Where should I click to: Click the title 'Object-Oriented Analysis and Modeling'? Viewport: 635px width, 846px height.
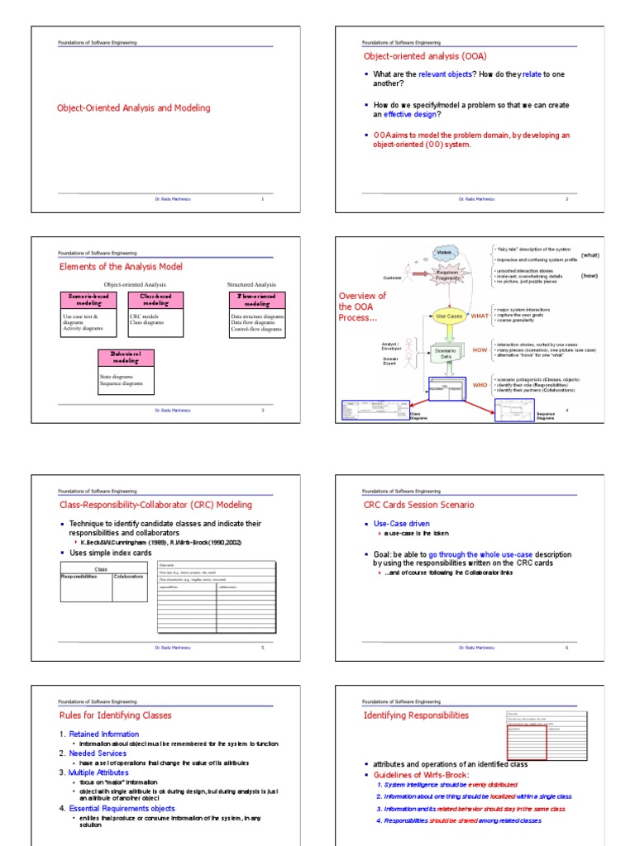133,108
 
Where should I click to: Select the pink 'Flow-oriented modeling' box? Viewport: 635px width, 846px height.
257,299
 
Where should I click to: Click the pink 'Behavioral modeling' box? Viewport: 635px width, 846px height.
126,357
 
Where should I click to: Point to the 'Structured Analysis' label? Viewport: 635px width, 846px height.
251,284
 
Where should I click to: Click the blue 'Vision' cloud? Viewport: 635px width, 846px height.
444,252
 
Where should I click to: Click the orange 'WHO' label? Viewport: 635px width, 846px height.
480,384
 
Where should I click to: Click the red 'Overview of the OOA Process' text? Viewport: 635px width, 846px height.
363,307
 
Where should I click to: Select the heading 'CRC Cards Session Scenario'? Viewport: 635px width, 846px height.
419,505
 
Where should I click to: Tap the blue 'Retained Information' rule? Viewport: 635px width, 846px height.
103,734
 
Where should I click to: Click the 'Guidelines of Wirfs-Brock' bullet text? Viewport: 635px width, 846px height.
418,774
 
